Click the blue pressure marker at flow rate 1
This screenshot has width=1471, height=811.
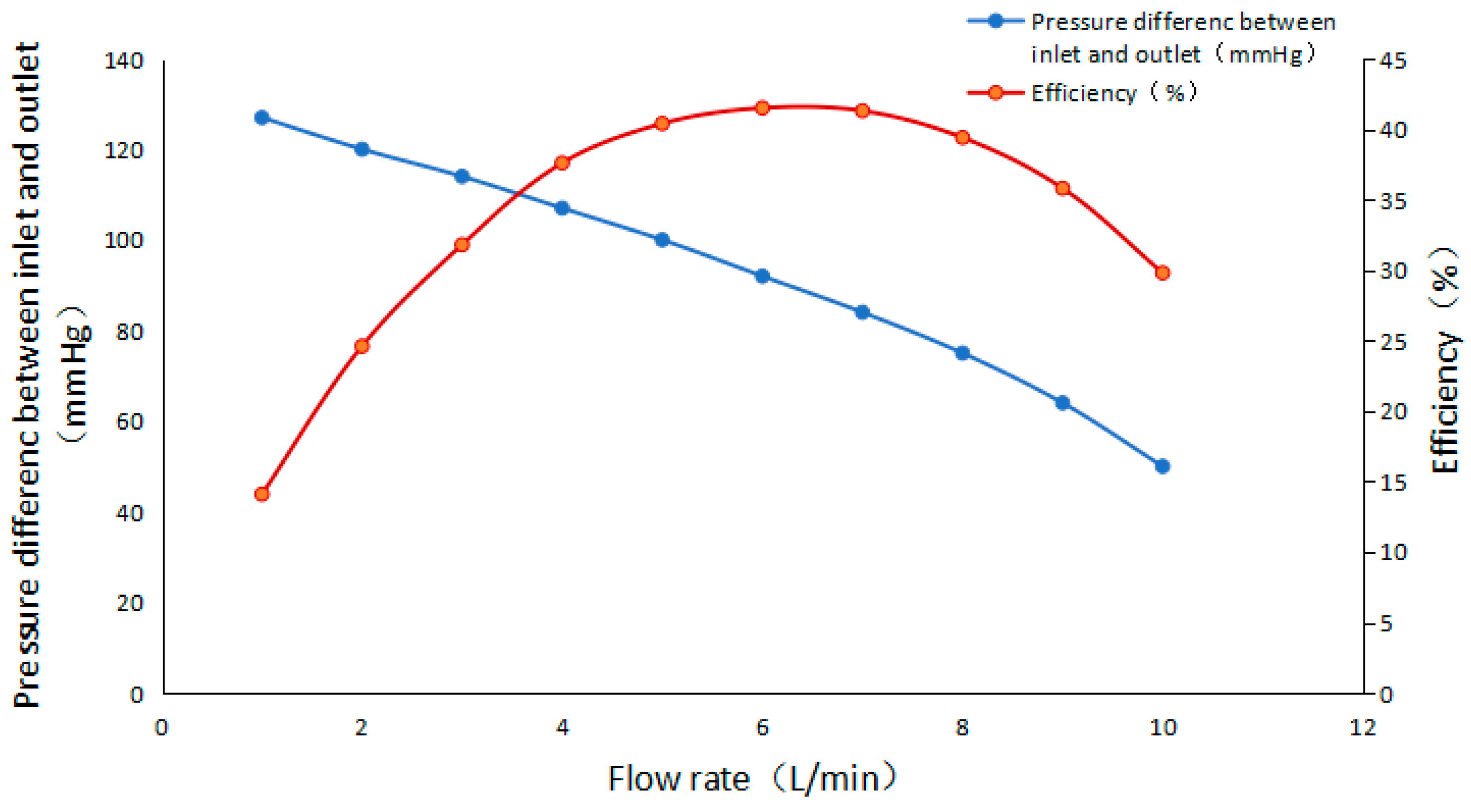click(x=261, y=118)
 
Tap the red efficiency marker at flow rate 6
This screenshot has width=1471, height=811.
click(x=762, y=108)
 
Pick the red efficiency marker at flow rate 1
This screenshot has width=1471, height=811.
click(x=261, y=494)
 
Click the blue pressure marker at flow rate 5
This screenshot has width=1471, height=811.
click(x=663, y=240)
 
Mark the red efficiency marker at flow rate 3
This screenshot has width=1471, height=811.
click(x=462, y=245)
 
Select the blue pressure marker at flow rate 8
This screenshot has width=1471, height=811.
click(x=962, y=353)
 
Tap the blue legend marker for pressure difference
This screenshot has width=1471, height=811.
click(x=995, y=21)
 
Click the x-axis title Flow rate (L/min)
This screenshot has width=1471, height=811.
click(x=751, y=779)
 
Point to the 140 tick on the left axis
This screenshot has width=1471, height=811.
click(x=123, y=60)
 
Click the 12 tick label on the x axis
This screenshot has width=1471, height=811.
click(x=1362, y=728)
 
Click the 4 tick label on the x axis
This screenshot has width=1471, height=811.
click(x=562, y=728)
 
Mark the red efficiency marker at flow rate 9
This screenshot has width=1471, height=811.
click(x=1062, y=189)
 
